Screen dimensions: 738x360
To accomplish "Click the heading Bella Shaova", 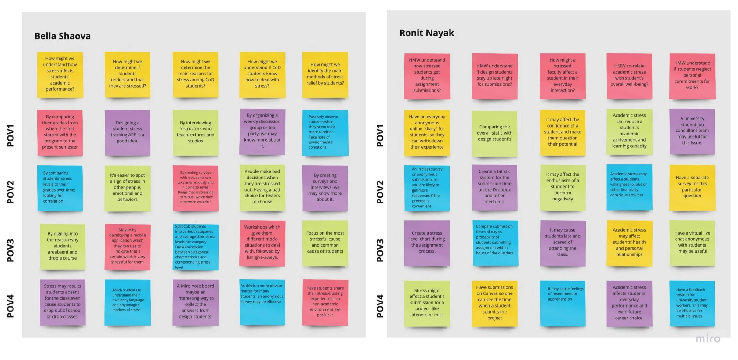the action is tap(62, 36).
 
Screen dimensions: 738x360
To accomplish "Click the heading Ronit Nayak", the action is tap(426, 33).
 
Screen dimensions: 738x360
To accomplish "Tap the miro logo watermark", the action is tap(708, 339).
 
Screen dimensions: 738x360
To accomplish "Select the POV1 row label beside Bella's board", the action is tap(11, 135).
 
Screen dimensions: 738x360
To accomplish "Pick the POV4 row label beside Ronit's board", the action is tap(380, 306).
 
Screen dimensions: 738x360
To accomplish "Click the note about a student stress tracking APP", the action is tap(128, 132).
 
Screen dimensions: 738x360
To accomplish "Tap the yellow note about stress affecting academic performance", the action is tap(60, 74).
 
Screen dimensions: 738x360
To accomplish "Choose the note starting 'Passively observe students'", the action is tap(325, 132).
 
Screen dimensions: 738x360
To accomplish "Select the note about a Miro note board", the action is tap(195, 302).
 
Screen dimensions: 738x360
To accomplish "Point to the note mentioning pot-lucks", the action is tap(325, 302).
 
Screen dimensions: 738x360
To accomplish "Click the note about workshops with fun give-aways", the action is tap(262, 243).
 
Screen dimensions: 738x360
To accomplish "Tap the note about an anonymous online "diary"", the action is tap(427, 132).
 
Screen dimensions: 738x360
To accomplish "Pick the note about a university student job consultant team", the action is tap(692, 131).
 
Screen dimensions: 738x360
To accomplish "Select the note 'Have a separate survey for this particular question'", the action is tap(692, 187).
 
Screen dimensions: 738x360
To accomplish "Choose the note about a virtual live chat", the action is tap(692, 243).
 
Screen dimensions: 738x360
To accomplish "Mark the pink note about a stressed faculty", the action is tap(563, 76).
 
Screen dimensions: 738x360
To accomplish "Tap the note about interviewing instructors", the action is tap(195, 132).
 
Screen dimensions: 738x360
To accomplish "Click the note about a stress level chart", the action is tap(427, 243).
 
